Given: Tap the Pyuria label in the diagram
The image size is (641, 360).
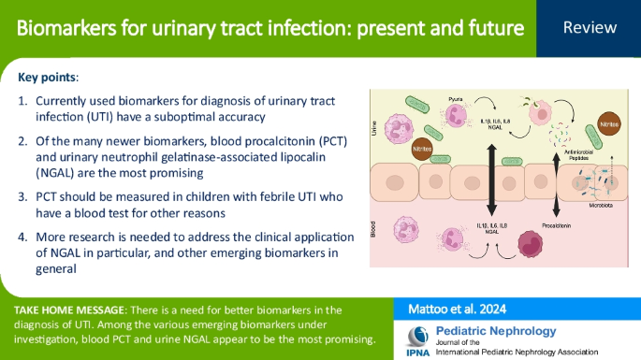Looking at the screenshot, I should [x=458, y=96].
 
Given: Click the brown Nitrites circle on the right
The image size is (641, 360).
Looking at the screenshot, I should [x=609, y=123].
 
